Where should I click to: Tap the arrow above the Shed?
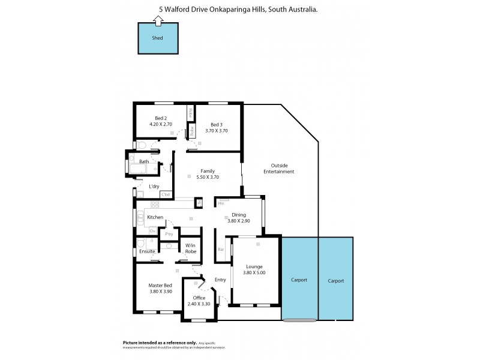158,20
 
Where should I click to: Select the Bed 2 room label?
161,118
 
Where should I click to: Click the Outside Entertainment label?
278,169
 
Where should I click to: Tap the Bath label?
144,162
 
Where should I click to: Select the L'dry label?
154,187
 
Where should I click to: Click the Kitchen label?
155,217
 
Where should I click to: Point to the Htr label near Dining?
221,203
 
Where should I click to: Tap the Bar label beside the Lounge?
221,249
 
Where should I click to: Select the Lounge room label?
254,266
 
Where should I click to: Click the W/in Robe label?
190,248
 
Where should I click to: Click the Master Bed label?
160,285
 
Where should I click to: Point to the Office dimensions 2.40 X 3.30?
199,304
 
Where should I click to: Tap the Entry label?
220,280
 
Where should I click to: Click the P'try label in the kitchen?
170,234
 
